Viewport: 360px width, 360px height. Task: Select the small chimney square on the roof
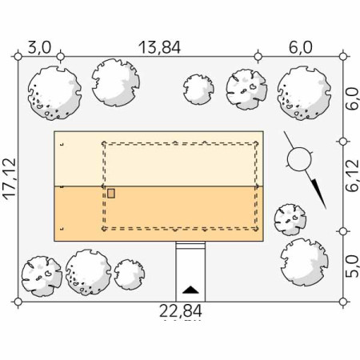111,193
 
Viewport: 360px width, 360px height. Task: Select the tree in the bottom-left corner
41,274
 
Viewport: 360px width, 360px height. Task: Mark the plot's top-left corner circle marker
17,56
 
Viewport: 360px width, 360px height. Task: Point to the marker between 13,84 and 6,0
257,56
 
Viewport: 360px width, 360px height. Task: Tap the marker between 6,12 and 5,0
343,230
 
